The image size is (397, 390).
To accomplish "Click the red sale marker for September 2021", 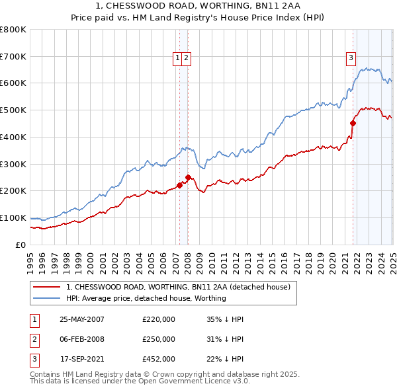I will click(x=353, y=122).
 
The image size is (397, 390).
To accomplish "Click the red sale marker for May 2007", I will click(x=179, y=185).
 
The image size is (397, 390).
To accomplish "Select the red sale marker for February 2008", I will click(x=188, y=177).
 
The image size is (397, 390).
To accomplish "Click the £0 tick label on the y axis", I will click(x=21, y=245).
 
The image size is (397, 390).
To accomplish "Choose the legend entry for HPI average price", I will click(x=146, y=298).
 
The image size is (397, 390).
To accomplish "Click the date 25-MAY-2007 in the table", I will click(x=82, y=319).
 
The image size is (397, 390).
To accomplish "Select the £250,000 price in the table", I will click(x=159, y=340).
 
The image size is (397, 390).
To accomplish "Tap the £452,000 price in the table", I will click(x=159, y=360).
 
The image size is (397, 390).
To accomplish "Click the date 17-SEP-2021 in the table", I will click(x=82, y=360).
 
